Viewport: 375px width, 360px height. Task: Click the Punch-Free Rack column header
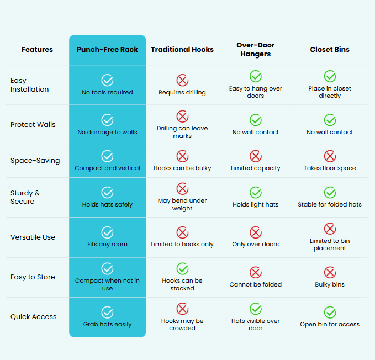107,50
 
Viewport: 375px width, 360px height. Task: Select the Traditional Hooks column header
182,50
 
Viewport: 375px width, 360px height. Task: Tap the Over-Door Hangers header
255,50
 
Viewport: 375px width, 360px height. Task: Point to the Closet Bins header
330,50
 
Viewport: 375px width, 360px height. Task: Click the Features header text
37,50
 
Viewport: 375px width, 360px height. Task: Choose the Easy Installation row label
29,85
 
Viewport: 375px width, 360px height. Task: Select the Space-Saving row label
35,160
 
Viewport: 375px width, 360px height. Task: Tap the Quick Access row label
34,317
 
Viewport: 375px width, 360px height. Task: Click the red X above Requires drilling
182,80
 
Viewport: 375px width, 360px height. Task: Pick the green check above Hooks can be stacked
182,268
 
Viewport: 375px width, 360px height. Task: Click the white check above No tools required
107,80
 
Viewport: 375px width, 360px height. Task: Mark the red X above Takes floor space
330,156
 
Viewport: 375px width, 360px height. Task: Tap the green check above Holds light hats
256,193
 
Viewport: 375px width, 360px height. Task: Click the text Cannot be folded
255,284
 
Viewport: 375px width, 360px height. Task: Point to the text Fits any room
107,244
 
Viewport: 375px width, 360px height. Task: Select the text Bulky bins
330,284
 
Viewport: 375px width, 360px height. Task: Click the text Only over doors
255,244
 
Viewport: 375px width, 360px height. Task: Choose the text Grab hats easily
107,324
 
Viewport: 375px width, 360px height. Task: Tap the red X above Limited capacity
256,156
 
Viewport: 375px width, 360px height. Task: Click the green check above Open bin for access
330,312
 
